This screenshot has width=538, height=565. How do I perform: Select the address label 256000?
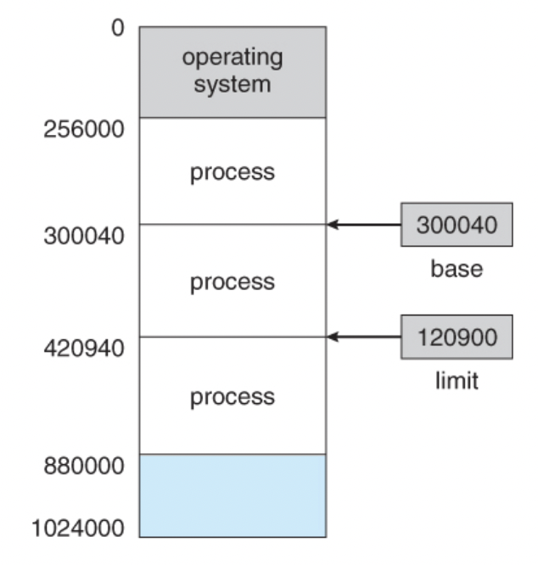(83, 130)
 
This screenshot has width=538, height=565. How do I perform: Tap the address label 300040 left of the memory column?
(83, 235)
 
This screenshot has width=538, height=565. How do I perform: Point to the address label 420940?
(83, 347)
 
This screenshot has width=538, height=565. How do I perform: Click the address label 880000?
(83, 464)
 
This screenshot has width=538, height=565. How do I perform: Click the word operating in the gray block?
(232, 59)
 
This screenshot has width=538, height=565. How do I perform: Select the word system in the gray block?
(232, 84)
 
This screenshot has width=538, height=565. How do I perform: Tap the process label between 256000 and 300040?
(232, 172)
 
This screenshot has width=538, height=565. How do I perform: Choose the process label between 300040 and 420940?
(232, 281)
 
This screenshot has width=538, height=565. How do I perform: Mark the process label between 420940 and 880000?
(232, 396)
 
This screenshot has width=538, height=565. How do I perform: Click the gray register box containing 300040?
(456, 225)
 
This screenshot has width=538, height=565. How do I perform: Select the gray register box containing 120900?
(456, 338)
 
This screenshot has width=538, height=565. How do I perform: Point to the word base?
(456, 269)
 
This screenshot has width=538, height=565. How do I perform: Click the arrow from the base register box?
(365, 225)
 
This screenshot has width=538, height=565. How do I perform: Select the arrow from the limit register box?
(365, 338)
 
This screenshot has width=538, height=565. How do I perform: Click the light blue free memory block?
(232, 495)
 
